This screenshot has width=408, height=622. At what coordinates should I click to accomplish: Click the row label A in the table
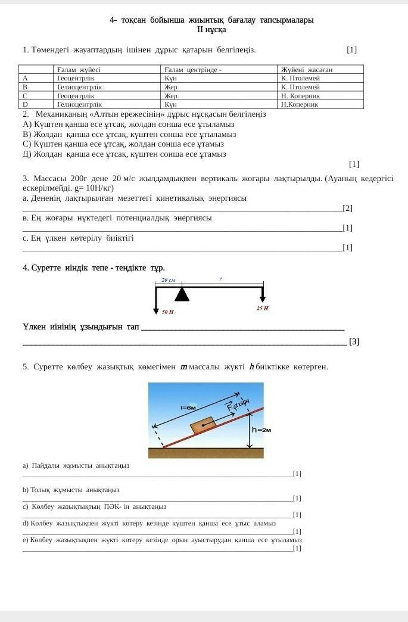pyautogui.click(x=25, y=78)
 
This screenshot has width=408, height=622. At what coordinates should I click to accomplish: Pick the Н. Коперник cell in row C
pyautogui.click(x=300, y=95)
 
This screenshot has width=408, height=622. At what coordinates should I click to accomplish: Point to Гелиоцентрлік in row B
pyautogui.click(x=79, y=87)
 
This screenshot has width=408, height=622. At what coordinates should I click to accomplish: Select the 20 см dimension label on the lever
pyautogui.click(x=169, y=280)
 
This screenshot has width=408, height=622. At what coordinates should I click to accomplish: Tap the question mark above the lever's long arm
pyautogui.click(x=220, y=279)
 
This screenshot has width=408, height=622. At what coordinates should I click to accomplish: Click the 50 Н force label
pyautogui.click(x=168, y=312)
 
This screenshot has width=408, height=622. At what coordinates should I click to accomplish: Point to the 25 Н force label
pyautogui.click(x=262, y=308)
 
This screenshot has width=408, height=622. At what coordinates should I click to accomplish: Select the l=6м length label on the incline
pyautogui.click(x=188, y=408)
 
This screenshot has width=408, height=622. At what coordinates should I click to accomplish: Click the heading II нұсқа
pyautogui.click(x=211, y=30)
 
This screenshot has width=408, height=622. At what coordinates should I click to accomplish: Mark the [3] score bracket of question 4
pyautogui.click(x=354, y=341)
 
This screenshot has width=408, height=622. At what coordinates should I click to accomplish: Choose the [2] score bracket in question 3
pyautogui.click(x=348, y=208)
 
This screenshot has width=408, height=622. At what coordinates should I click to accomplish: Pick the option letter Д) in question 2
pyautogui.click(x=27, y=154)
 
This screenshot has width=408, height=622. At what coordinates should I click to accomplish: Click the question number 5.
pyautogui.click(x=26, y=367)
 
